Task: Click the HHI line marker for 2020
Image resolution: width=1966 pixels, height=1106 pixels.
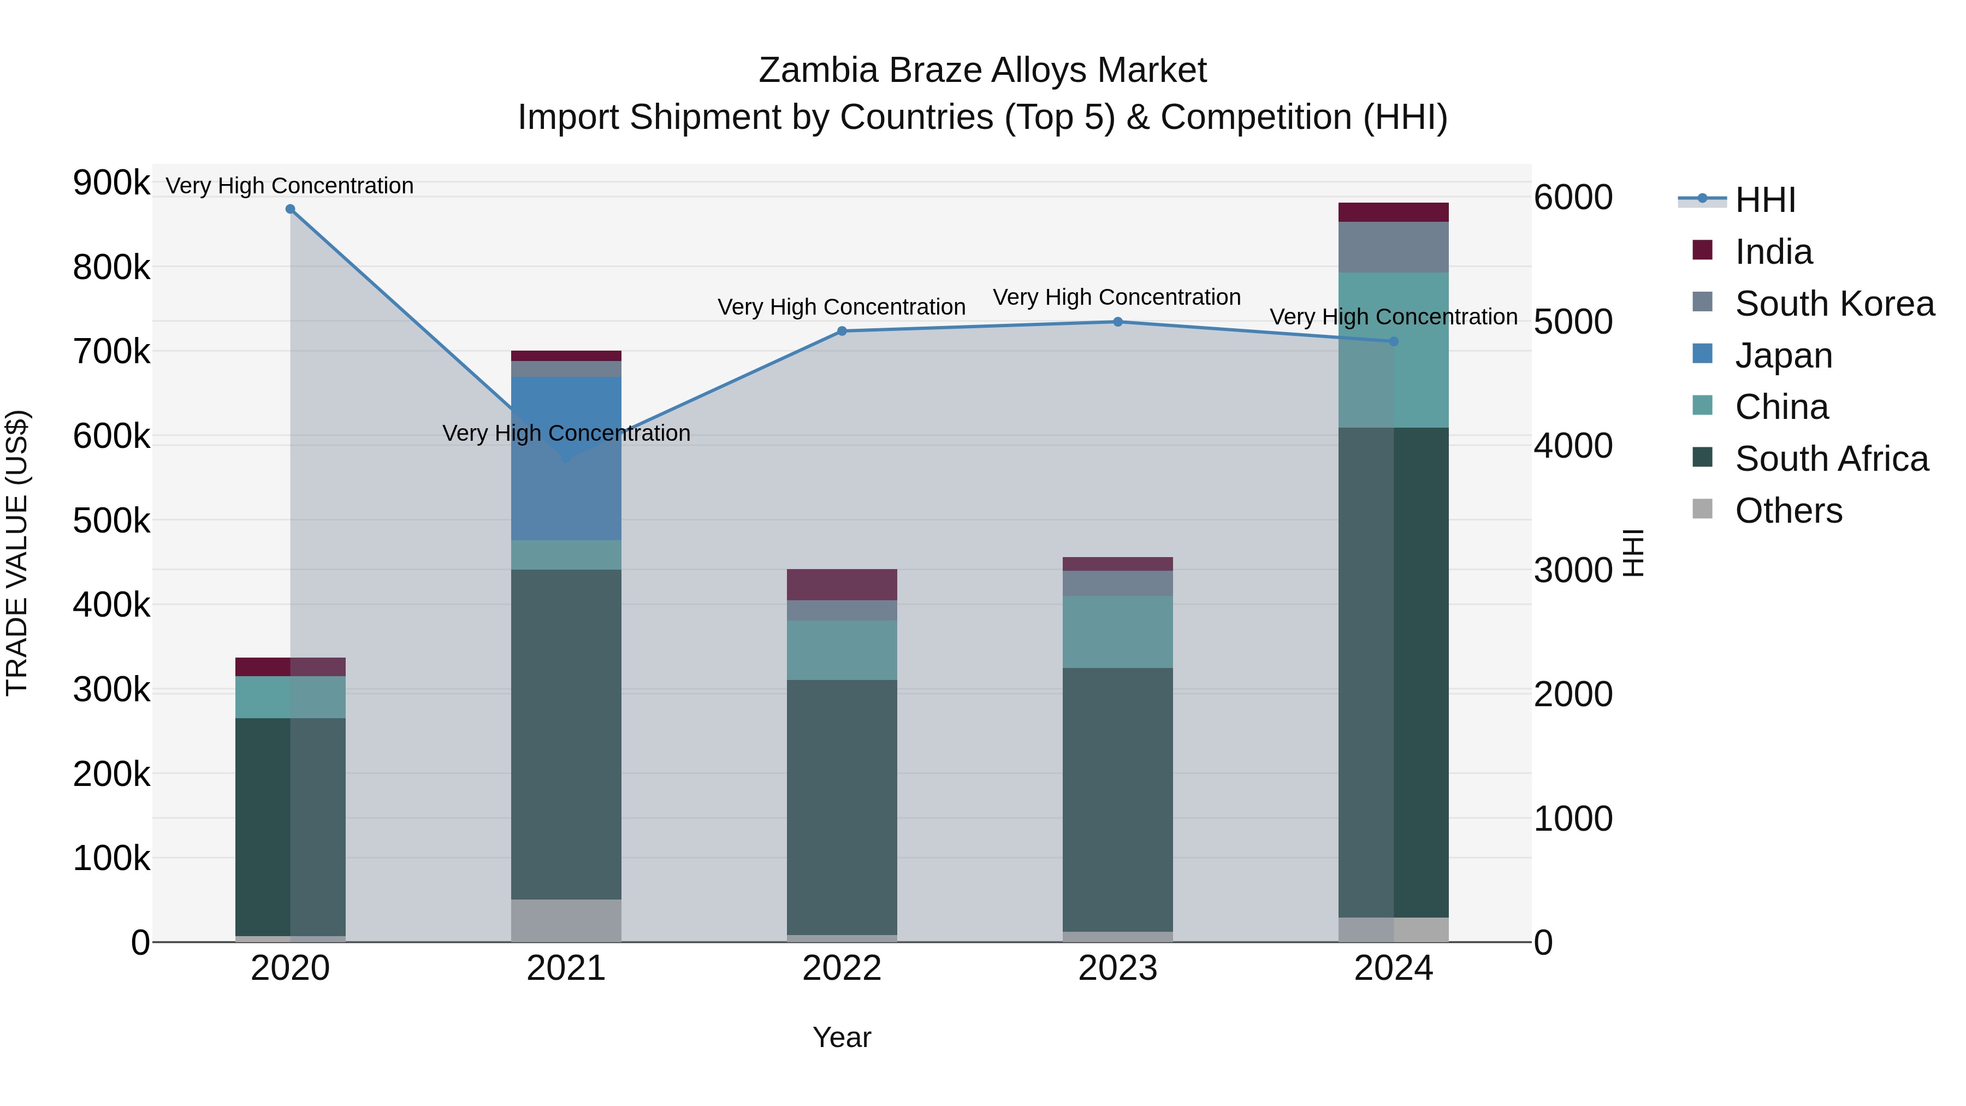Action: click(x=290, y=209)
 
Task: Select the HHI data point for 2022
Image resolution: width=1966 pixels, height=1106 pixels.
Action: click(x=842, y=332)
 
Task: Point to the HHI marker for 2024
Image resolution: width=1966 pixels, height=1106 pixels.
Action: click(x=1394, y=341)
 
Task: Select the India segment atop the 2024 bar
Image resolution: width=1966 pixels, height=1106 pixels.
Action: click(x=1394, y=212)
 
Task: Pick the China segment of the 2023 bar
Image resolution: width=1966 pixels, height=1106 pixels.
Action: click(x=1117, y=632)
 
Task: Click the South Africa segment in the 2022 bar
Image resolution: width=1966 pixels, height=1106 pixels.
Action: click(x=842, y=808)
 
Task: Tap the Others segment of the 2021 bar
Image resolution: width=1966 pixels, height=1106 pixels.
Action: click(x=566, y=920)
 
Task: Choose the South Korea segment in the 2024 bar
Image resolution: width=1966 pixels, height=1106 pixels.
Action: click(x=1394, y=247)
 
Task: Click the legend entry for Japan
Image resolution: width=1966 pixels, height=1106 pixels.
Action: click(x=1783, y=356)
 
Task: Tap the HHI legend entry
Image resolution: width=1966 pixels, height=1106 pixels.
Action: click(x=1764, y=200)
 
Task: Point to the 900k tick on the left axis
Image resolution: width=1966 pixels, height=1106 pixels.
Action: click(x=111, y=183)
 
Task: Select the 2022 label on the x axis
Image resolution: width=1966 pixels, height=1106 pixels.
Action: click(x=842, y=968)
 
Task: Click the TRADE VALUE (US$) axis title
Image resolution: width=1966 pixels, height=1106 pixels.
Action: click(x=17, y=553)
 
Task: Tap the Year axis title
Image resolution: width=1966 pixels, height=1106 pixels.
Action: click(x=842, y=1037)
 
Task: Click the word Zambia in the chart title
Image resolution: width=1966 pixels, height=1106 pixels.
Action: click(x=818, y=70)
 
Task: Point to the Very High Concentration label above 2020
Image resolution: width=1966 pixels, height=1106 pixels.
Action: click(x=290, y=186)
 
